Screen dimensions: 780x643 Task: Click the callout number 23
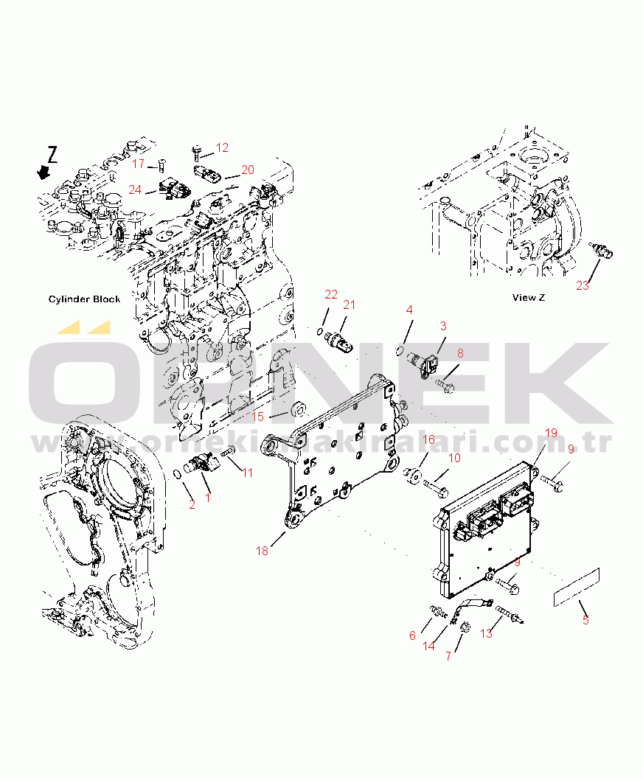point(583,286)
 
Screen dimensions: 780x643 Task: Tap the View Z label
point(529,298)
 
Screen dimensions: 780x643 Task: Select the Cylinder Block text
point(83,299)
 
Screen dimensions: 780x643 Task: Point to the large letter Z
point(52,154)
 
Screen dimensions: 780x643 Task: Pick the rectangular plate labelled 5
point(577,587)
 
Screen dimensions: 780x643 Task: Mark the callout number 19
point(552,433)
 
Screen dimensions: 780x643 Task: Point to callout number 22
point(331,295)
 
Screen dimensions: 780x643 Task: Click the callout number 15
point(257,417)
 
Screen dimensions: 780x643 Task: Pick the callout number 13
point(486,633)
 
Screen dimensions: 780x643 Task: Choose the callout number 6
point(412,636)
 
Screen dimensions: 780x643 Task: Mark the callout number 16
point(428,439)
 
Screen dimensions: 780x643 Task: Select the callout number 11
point(247,473)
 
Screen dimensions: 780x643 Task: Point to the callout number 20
point(247,170)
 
